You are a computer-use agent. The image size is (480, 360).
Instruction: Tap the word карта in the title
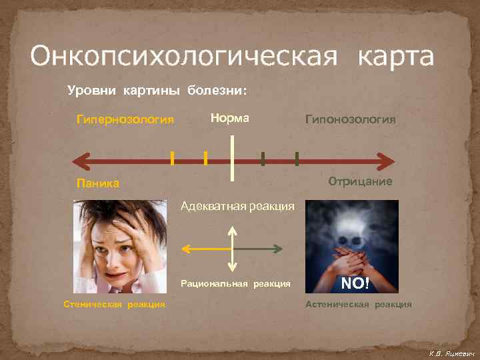point(395,56)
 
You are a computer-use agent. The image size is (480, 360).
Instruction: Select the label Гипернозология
point(125,120)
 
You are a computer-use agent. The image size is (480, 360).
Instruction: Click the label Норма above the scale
point(229,118)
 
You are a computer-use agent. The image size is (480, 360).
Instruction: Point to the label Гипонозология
point(350,119)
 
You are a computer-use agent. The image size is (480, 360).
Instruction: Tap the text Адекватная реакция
point(237,207)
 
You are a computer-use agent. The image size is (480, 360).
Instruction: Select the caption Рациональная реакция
point(235,284)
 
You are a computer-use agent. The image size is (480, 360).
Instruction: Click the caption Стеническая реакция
point(114,305)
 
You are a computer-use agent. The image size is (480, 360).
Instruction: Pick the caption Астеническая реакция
point(358,305)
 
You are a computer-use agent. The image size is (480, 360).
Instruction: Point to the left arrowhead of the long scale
point(80,161)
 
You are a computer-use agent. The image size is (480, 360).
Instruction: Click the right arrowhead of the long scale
point(386,161)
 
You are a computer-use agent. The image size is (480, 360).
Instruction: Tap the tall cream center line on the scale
point(231,157)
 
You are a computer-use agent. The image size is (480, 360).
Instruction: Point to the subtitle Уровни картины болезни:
point(157,91)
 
